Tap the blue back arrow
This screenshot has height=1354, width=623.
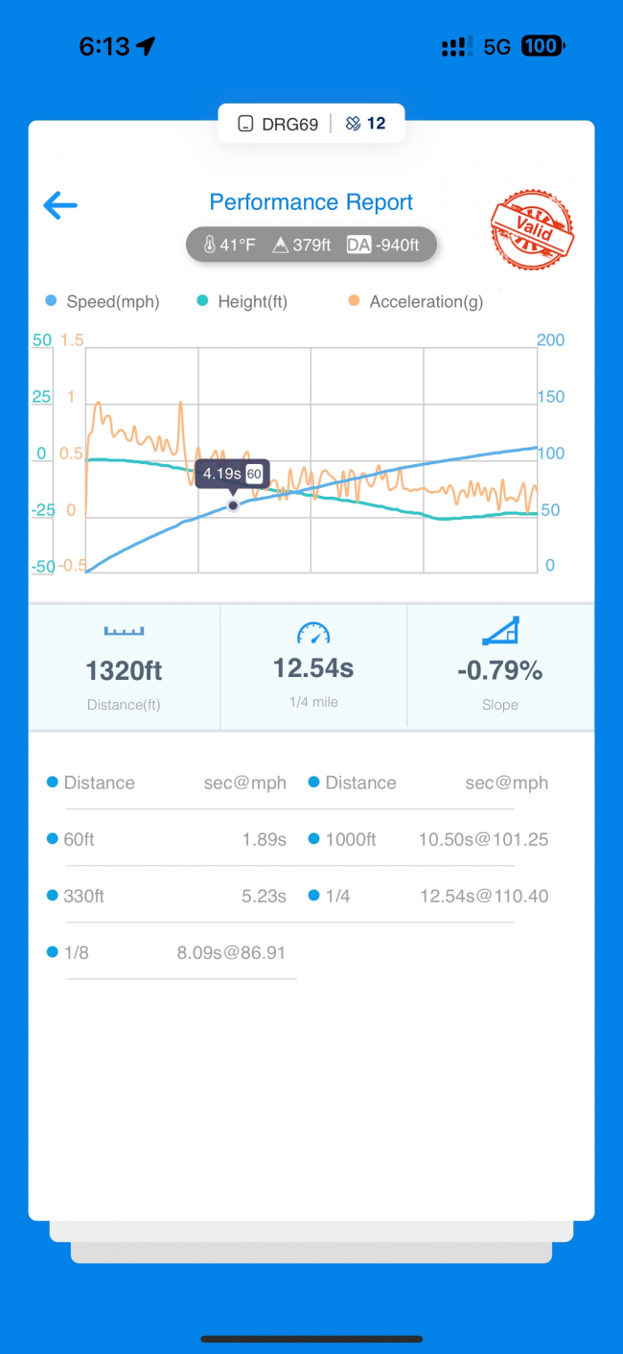click(x=60, y=204)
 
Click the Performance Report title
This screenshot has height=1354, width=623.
click(x=311, y=202)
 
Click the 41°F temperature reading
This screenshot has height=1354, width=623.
click(x=230, y=245)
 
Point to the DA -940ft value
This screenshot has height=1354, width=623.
click(x=384, y=245)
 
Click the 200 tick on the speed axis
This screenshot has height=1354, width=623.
click(x=551, y=340)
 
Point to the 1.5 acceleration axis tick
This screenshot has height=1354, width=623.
click(x=72, y=340)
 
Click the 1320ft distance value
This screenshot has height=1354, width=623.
click(x=125, y=671)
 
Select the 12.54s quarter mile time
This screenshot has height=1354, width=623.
click(x=313, y=667)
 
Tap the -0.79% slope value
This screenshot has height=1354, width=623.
click(x=499, y=671)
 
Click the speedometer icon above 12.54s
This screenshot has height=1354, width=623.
click(x=313, y=632)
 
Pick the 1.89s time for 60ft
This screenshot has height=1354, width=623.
click(x=264, y=840)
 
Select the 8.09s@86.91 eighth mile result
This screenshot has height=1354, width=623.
click(x=231, y=953)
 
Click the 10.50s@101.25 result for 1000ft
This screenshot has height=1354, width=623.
click(x=483, y=840)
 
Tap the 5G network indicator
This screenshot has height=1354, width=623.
click(x=496, y=46)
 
